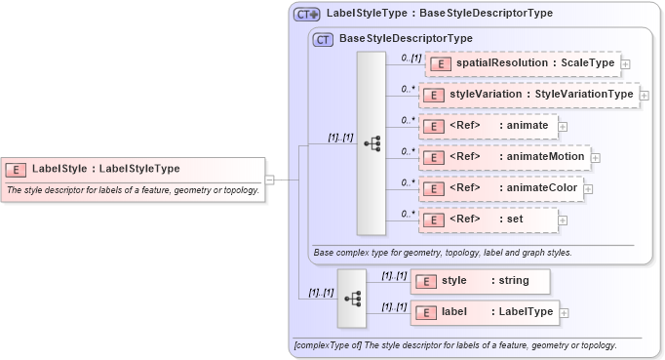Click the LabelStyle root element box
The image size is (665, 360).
coord(133,169)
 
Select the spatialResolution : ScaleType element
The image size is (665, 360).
coord(522,63)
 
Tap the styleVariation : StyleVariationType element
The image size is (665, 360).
coord(528,95)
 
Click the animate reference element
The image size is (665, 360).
coord(488,126)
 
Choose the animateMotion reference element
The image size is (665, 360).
coord(502,157)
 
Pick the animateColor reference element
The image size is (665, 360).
coord(499,188)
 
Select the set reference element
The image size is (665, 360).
coord(488,220)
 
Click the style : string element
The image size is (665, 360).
coord(480,281)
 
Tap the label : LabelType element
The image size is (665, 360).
coord(485,312)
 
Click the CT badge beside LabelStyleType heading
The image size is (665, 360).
coord(307,15)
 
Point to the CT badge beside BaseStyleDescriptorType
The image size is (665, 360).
coord(322,39)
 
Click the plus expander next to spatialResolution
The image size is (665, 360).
coord(626,64)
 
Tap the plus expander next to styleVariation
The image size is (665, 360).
coord(645,96)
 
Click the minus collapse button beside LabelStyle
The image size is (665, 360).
coord(270,180)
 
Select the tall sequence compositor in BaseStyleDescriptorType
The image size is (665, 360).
coord(372,142)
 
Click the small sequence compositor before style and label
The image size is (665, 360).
coord(352,298)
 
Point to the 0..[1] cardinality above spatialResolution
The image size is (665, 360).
coord(411,58)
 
